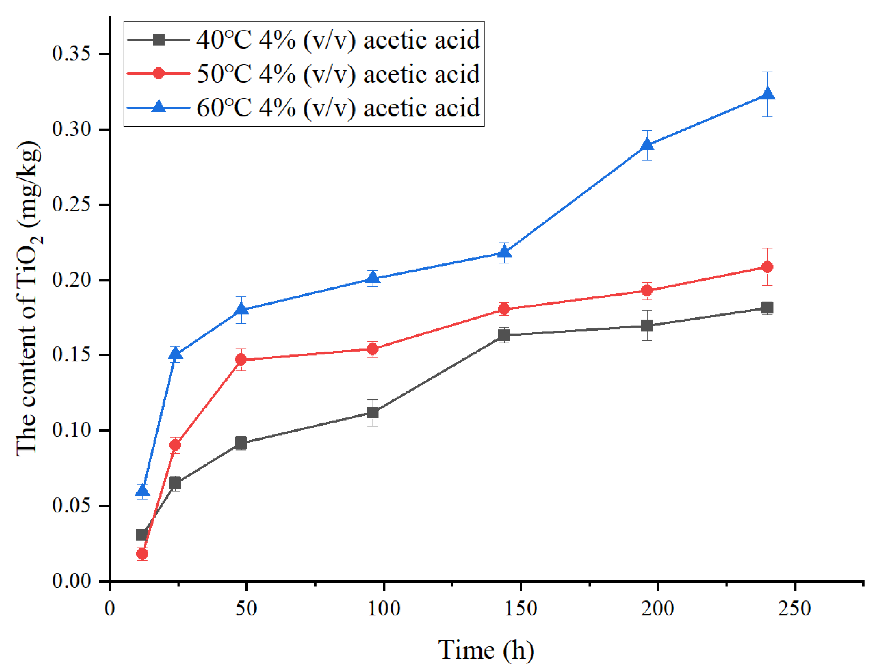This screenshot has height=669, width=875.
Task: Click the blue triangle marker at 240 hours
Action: (x=767, y=94)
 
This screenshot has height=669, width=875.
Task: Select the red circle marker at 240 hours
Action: (x=767, y=267)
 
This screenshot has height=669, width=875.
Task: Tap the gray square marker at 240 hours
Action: (x=767, y=307)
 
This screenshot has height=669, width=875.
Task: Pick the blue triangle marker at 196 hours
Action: (x=647, y=145)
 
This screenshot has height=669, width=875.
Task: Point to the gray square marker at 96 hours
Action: (x=373, y=412)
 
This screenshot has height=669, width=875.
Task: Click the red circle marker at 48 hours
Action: (x=241, y=359)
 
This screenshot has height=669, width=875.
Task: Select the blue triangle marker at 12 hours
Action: (x=142, y=491)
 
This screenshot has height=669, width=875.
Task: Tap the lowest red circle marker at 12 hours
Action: (x=142, y=554)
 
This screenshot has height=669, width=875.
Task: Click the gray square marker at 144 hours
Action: (x=504, y=335)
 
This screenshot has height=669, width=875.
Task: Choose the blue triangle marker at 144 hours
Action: (x=504, y=252)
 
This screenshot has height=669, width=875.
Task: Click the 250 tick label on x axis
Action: (x=795, y=608)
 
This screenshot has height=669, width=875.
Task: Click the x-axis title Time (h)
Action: (x=486, y=650)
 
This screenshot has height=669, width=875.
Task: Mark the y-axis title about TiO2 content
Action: (x=28, y=299)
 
